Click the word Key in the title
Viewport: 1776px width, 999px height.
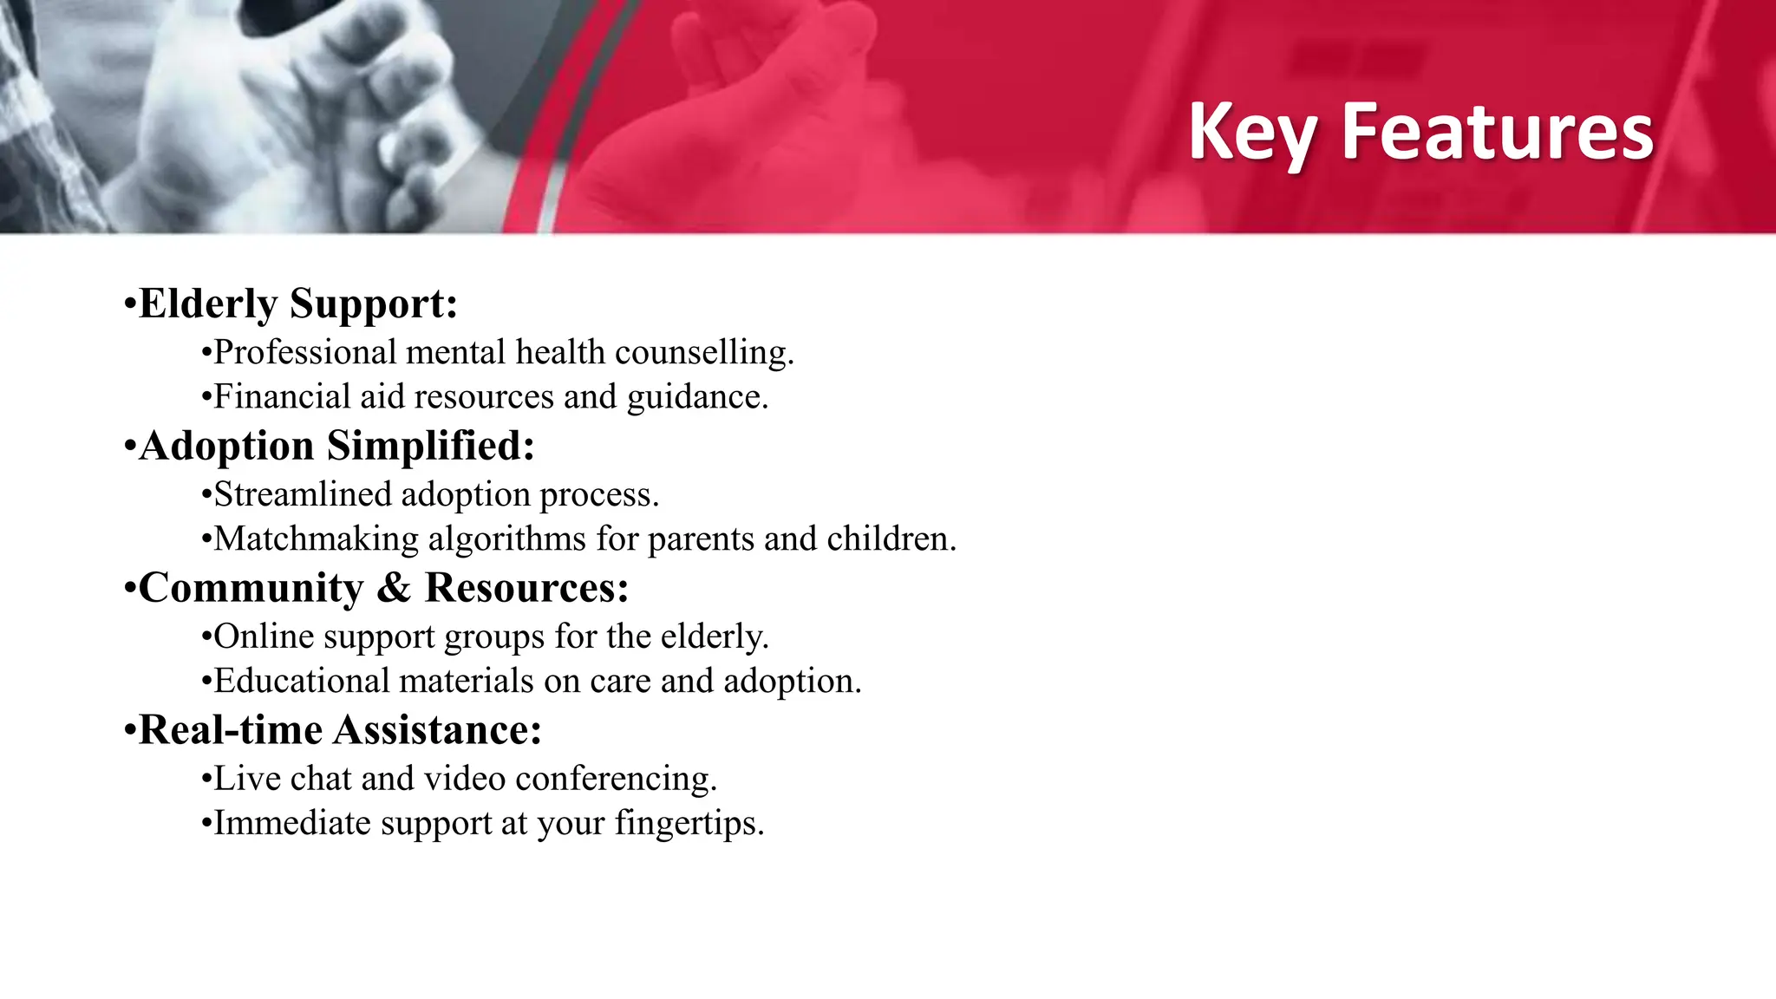click(x=1252, y=132)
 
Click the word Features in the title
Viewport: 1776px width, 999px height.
click(x=1498, y=132)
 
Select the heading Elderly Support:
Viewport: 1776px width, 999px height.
click(x=297, y=304)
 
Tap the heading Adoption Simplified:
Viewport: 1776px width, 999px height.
click(x=336, y=446)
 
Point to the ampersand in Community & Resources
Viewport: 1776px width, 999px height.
click(x=394, y=588)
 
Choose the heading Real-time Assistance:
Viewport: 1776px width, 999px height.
click(x=340, y=730)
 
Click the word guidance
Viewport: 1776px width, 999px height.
click(x=697, y=397)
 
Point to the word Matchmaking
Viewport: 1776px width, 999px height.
click(x=316, y=539)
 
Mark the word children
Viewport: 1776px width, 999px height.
click(x=891, y=539)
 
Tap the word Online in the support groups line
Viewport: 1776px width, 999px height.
click(x=264, y=637)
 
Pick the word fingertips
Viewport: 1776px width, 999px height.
click(x=689, y=823)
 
